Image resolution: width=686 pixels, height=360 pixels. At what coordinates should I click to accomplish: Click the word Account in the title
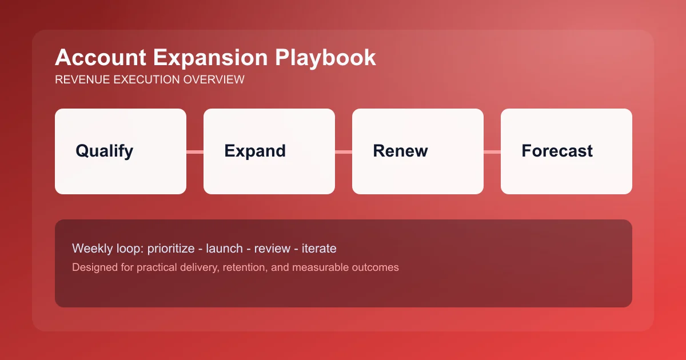pyautogui.click(x=95, y=58)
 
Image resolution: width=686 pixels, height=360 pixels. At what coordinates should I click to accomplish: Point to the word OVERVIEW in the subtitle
pyautogui.click(x=213, y=79)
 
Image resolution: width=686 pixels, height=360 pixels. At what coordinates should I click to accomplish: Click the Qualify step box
pyautogui.click(x=121, y=151)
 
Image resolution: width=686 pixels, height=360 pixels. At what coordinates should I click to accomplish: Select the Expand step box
pyautogui.click(x=269, y=151)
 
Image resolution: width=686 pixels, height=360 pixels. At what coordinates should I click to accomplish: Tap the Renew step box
pyautogui.click(x=418, y=151)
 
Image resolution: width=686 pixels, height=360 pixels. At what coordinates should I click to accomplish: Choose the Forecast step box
pyautogui.click(x=567, y=151)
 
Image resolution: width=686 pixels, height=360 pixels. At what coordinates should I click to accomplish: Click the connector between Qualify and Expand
pyautogui.click(x=195, y=151)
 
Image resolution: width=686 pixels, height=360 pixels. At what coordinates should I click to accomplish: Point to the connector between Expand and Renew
pyautogui.click(x=344, y=151)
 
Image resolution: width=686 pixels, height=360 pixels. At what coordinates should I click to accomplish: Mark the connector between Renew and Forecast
pyautogui.click(x=492, y=151)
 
